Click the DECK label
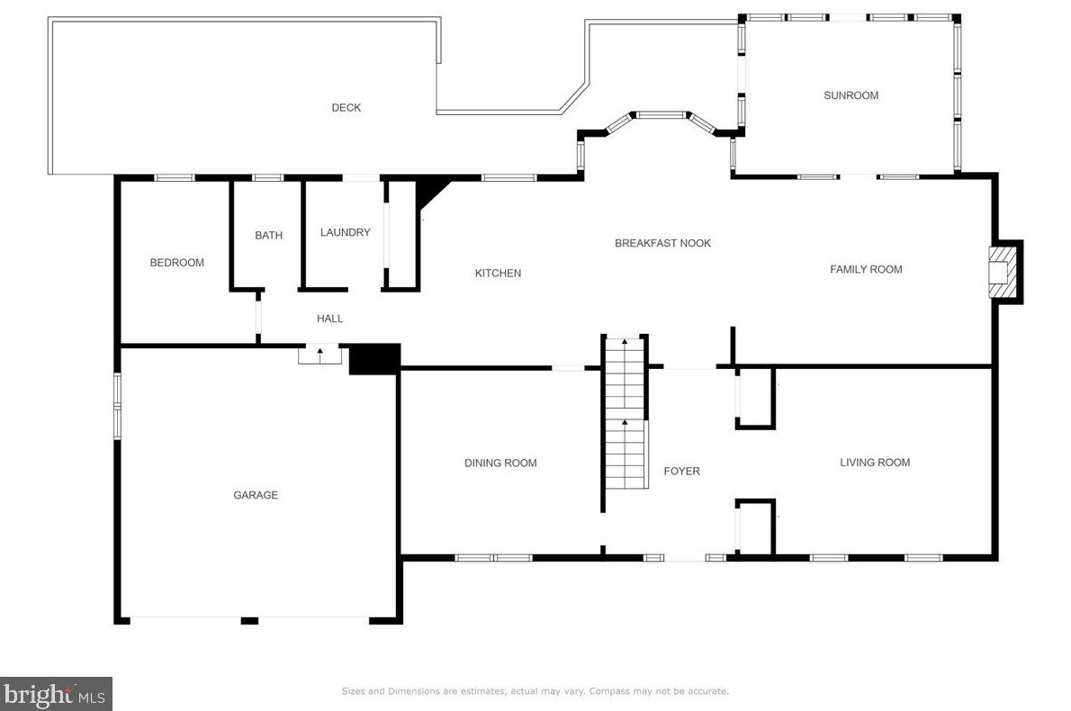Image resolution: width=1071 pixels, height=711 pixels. (346, 107)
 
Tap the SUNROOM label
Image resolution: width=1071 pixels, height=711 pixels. (851, 95)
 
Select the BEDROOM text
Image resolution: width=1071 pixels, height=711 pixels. (177, 262)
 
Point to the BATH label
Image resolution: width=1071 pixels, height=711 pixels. (268, 235)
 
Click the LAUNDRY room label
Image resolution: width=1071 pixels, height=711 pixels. (345, 232)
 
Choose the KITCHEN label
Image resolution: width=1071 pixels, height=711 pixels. (498, 274)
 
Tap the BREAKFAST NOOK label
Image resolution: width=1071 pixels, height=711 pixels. (662, 243)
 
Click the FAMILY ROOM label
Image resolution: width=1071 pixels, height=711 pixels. (866, 269)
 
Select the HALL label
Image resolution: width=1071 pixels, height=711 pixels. (330, 319)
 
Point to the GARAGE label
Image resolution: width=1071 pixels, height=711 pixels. (256, 495)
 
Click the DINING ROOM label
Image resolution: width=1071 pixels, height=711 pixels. (500, 463)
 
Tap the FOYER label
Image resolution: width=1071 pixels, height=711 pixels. (681, 472)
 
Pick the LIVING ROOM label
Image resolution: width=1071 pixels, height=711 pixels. (875, 463)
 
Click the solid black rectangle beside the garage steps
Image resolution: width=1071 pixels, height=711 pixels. (373, 359)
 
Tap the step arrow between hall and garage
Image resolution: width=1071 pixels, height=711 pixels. (319, 354)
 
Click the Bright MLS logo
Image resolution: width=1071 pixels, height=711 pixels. (56, 695)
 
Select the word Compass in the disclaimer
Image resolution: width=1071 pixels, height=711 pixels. (610, 691)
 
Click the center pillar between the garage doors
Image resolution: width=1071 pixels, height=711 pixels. (249, 621)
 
